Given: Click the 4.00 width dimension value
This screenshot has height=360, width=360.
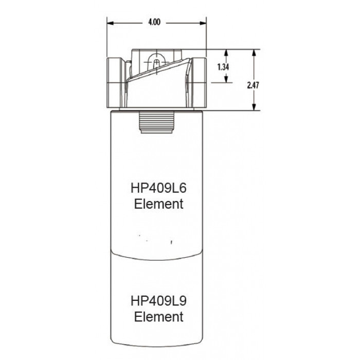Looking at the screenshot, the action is click(154, 22).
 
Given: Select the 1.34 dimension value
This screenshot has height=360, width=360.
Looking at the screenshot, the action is click(223, 67).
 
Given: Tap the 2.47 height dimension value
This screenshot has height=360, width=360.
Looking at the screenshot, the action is click(253, 85).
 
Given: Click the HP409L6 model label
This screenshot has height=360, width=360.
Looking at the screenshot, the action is click(158, 188).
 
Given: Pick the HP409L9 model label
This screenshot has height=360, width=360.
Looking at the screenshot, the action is click(158, 300).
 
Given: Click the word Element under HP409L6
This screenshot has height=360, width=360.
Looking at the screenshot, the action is click(158, 204).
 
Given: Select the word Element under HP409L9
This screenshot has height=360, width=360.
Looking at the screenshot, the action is click(158, 317).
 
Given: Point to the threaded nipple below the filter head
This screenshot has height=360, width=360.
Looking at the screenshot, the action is click(156, 122).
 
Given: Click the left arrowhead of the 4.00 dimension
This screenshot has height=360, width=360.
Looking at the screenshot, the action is click(111, 23).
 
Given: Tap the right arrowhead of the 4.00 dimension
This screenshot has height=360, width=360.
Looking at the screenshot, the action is click(203, 23).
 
